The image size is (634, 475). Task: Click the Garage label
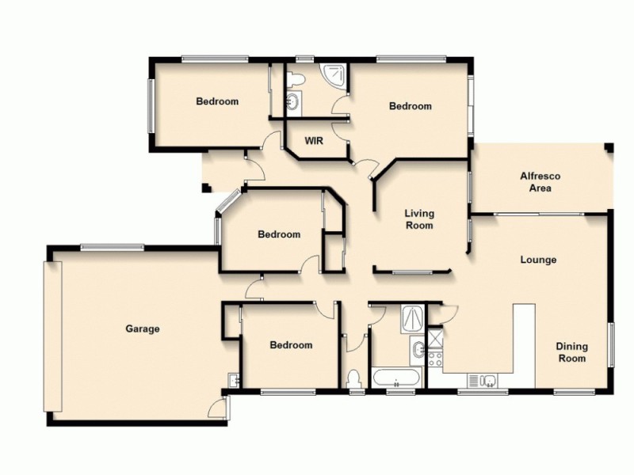(143, 329)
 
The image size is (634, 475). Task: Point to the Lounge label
(538, 260)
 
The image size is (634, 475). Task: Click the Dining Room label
(571, 352)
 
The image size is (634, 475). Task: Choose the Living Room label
(419, 219)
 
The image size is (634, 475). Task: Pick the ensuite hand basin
(292, 101)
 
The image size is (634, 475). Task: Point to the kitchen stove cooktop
(435, 357)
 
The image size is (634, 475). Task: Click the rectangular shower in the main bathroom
(412, 317)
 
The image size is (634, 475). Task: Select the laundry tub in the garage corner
(233, 381)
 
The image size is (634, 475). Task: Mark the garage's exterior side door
(216, 408)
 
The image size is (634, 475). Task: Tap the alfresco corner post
(609, 147)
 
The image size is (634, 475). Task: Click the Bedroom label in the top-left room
(217, 101)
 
